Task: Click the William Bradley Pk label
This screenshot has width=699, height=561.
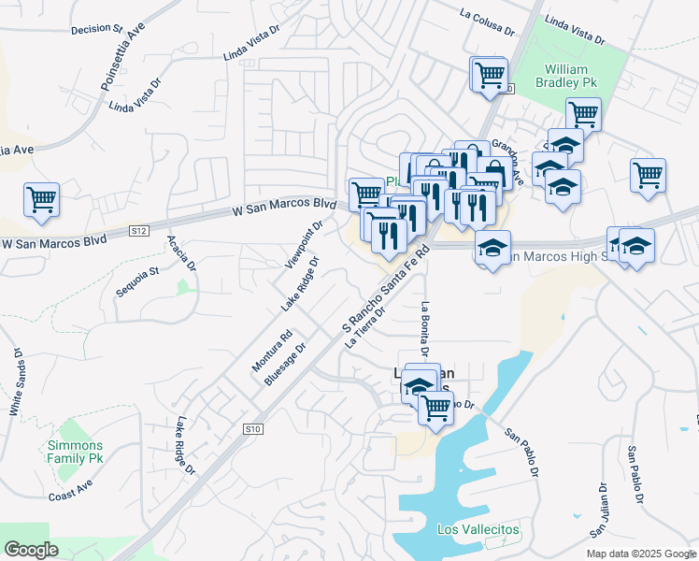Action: click(566, 76)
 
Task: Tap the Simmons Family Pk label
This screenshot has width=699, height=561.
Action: click(75, 453)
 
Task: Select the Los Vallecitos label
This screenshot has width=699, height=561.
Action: click(478, 530)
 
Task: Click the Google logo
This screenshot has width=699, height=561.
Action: click(31, 550)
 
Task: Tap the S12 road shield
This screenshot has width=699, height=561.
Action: click(139, 230)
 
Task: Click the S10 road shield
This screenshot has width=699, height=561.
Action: click(250, 428)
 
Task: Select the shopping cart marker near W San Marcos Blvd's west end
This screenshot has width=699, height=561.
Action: click(41, 199)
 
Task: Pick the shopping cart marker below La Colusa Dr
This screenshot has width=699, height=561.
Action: click(490, 74)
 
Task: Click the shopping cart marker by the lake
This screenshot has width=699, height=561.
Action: click(435, 407)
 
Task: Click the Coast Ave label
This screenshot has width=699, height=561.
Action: click(73, 496)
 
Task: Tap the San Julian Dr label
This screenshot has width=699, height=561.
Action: click(599, 510)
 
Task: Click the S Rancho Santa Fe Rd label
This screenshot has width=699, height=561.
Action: click(384, 291)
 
